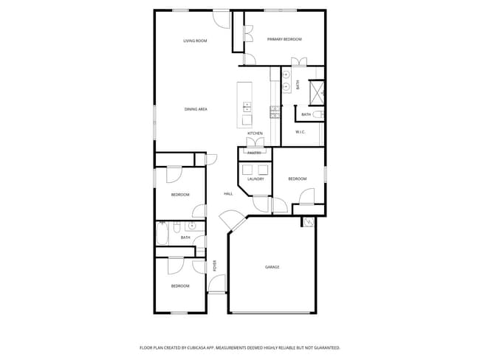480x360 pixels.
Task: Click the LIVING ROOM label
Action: (x=195, y=41)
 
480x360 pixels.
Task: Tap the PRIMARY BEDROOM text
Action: (x=284, y=39)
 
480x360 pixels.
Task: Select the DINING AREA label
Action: (x=196, y=109)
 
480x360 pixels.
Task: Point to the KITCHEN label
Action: (x=255, y=134)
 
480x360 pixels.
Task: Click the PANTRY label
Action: (x=254, y=153)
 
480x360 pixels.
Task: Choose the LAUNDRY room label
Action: (x=256, y=179)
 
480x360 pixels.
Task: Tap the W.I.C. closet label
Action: (x=301, y=132)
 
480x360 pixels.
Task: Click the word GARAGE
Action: (x=272, y=267)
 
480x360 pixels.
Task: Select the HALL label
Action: (x=228, y=194)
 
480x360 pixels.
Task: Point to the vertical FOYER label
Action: (x=215, y=266)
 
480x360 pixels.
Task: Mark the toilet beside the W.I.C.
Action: (x=318, y=114)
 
